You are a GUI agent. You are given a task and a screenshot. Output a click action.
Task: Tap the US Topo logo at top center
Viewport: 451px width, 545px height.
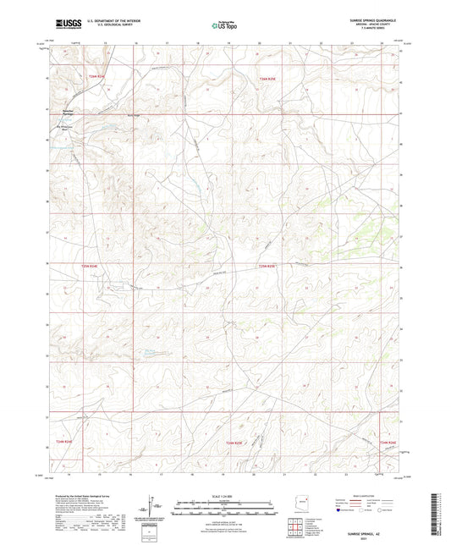[224, 25]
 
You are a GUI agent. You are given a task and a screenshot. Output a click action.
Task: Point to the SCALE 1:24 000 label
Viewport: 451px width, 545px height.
[224, 495]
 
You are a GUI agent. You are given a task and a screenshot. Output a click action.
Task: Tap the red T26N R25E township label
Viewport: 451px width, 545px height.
[267, 78]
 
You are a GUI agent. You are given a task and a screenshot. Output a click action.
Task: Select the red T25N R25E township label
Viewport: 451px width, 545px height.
[267, 266]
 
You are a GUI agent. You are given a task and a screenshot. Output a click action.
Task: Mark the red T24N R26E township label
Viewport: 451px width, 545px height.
[388, 441]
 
